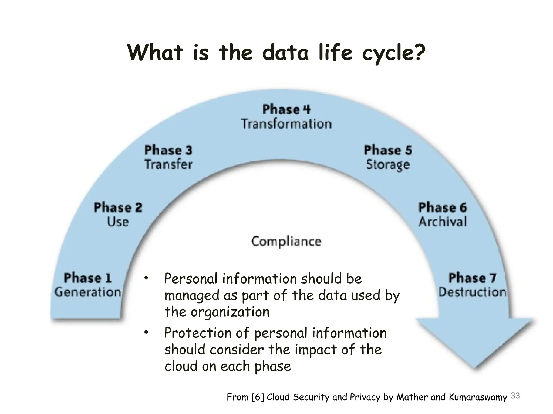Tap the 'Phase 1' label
click(x=88, y=278)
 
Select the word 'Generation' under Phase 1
click(x=88, y=292)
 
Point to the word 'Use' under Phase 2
click(x=118, y=222)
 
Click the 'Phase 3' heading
click(x=168, y=150)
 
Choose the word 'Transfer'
click(x=168, y=164)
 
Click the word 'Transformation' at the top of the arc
click(x=286, y=124)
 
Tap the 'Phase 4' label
click(x=286, y=109)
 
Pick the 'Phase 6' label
click(x=442, y=208)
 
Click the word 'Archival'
click(x=443, y=222)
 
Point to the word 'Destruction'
click(x=472, y=292)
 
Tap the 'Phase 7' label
click(x=472, y=278)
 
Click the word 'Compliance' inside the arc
click(x=286, y=241)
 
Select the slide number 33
click(x=515, y=396)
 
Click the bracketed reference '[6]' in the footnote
click(x=258, y=397)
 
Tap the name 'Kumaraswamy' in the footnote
click(x=478, y=397)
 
